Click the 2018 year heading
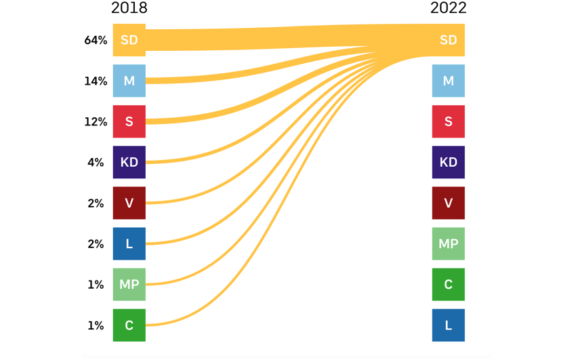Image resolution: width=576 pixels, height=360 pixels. click(129, 8)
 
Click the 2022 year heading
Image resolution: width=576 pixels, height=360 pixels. click(448, 8)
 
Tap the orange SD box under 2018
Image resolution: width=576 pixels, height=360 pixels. click(129, 40)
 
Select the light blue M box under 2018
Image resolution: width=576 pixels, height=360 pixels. click(129, 81)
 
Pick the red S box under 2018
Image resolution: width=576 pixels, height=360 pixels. click(129, 121)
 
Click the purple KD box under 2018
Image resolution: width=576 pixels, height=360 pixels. click(129, 162)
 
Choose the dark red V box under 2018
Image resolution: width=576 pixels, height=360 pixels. click(129, 203)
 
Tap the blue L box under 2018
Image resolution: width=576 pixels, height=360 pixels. click(129, 243)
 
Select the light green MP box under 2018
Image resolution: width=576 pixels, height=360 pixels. click(129, 284)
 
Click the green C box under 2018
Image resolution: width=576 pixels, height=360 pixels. click(129, 325)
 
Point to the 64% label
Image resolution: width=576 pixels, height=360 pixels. click(96, 40)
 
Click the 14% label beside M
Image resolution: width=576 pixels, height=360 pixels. click(96, 81)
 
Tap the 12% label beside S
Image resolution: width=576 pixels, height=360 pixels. click(96, 121)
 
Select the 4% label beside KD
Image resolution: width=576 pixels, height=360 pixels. click(96, 162)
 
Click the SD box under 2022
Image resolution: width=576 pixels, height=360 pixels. click(448, 40)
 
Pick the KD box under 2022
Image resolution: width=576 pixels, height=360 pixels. click(448, 162)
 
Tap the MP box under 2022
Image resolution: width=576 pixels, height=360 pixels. click(448, 243)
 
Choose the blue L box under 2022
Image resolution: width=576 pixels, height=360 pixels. click(448, 325)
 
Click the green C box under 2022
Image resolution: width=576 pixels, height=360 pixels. click(448, 284)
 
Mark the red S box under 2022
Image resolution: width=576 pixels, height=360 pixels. click(448, 121)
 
